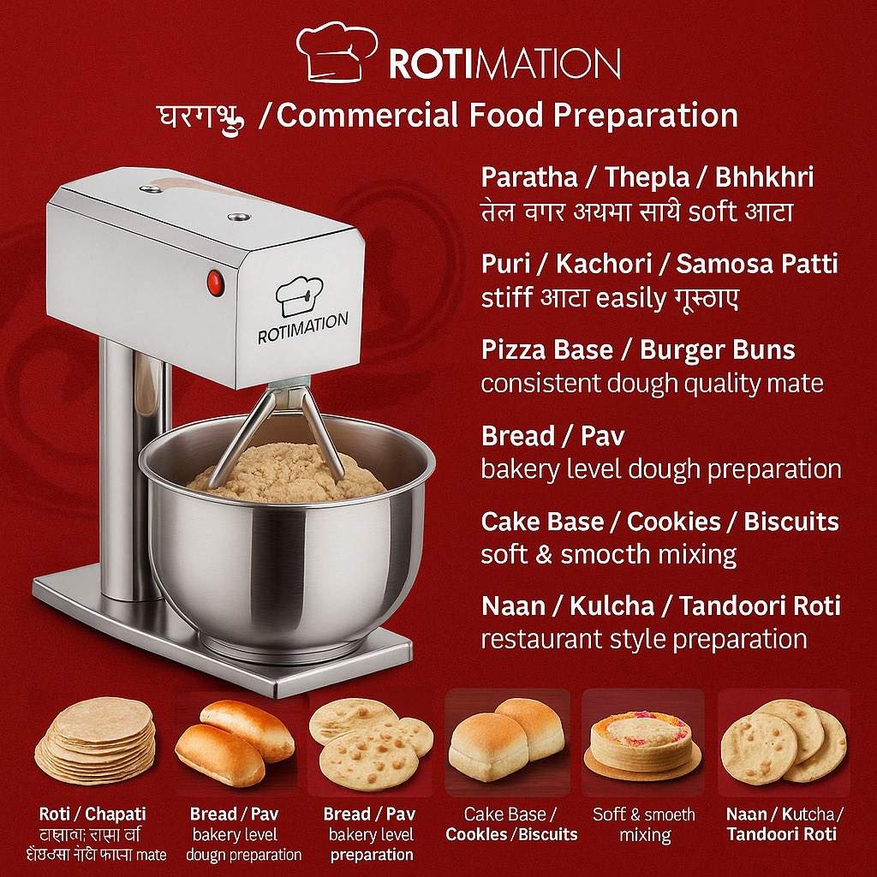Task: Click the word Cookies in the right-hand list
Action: (x=673, y=522)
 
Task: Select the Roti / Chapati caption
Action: (x=92, y=814)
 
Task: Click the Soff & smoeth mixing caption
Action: (x=644, y=824)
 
